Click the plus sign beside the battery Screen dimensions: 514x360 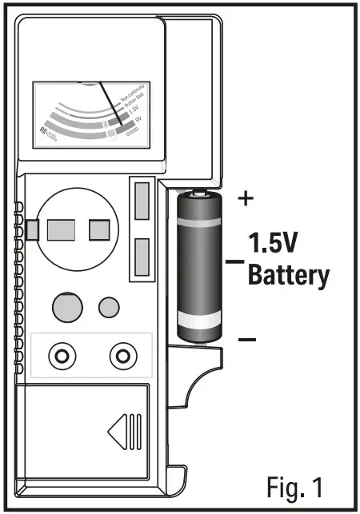246,199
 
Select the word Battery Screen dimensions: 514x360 288,276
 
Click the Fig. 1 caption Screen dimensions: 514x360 295,484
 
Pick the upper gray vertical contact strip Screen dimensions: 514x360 142,201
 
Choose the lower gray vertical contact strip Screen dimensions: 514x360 142,255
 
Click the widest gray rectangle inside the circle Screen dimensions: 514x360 61,231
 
